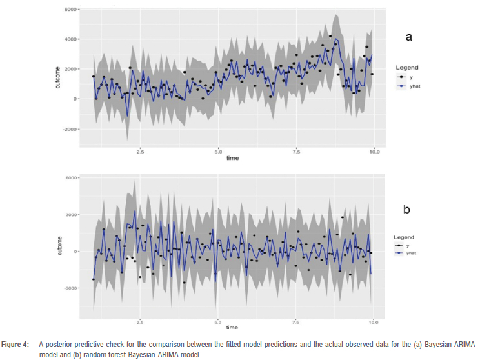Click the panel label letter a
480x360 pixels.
point(408,37)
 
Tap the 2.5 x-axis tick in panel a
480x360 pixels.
point(140,152)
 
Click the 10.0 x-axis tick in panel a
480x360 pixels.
point(374,152)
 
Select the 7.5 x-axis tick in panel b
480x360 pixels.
point(295,321)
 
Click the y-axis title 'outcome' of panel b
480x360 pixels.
point(60,245)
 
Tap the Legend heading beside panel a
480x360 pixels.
point(407,67)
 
